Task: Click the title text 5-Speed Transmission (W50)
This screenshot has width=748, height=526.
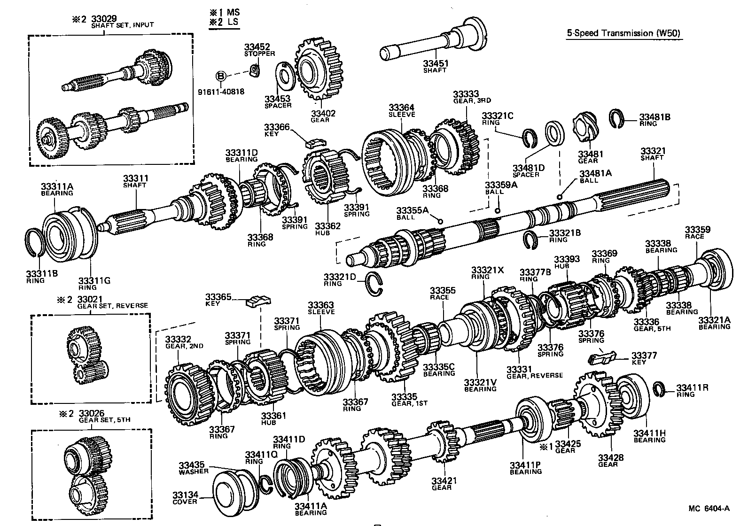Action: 623,33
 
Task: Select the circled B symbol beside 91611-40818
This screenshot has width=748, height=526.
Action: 221,76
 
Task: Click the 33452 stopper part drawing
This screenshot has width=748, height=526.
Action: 255,70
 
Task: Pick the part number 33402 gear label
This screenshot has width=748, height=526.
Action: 320,113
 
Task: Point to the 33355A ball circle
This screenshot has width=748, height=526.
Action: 440,221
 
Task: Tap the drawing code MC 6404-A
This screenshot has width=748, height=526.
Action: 709,508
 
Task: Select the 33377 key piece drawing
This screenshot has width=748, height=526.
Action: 602,357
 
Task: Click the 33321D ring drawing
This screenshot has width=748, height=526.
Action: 374,279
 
